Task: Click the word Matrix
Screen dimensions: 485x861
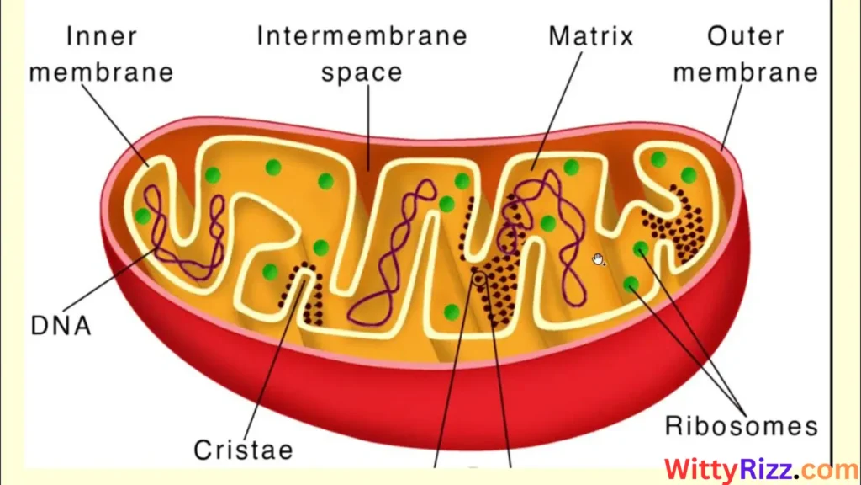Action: tap(590, 36)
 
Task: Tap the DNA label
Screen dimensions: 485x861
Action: tap(60, 324)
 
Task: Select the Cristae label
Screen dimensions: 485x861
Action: tap(243, 449)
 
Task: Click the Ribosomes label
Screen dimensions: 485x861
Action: tap(741, 424)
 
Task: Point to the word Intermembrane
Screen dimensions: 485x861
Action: tap(362, 36)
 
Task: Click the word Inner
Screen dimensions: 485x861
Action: tap(102, 36)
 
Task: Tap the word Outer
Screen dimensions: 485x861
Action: tap(745, 36)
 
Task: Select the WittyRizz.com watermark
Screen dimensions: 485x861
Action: tap(749, 469)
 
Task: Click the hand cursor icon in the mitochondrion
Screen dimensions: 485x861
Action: tap(598, 258)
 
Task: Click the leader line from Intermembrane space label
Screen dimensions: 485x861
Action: tap(367, 126)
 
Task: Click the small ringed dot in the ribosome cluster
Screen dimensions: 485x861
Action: tap(479, 277)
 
